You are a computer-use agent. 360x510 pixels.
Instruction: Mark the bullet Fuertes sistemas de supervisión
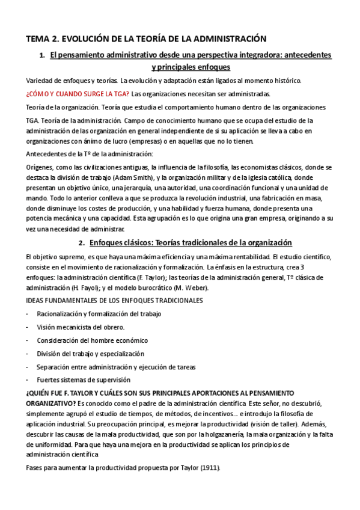point(83,380)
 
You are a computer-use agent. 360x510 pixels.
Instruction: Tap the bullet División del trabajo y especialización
point(90,354)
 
